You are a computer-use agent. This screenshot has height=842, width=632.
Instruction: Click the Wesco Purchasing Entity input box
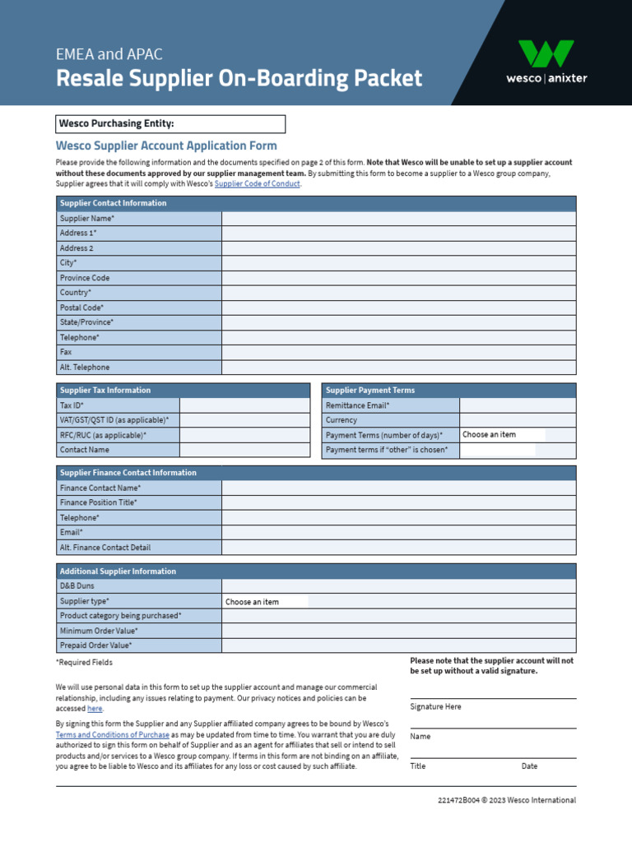[230, 124]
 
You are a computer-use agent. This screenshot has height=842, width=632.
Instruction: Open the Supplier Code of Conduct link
[258, 184]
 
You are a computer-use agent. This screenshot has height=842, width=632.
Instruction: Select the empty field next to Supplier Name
[398, 219]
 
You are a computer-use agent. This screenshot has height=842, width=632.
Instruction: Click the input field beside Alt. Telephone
[398, 368]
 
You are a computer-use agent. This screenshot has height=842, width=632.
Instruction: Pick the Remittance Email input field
[518, 405]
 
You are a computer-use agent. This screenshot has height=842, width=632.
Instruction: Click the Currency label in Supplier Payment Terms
[342, 420]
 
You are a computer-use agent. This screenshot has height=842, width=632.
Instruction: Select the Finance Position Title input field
[398, 502]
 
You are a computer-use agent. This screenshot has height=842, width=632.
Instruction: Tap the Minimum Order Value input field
[398, 631]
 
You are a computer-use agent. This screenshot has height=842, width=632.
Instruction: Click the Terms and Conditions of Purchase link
[113, 734]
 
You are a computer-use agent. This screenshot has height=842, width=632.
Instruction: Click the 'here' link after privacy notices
[95, 709]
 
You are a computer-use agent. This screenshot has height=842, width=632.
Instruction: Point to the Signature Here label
[435, 706]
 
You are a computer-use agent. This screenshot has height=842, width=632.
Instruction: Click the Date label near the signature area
[529, 766]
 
